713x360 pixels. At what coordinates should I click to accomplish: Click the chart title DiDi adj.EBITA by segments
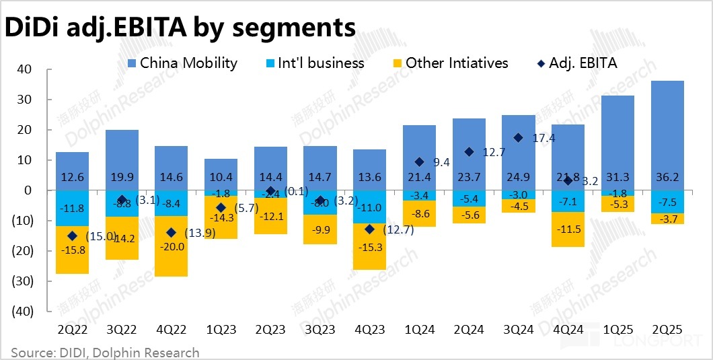pyautogui.click(x=180, y=28)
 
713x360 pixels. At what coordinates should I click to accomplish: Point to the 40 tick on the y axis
pyautogui.click(x=24, y=69)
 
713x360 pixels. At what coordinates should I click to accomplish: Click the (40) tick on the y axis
pyautogui.click(x=22, y=311)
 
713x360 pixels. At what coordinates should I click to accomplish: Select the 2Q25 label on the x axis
pyautogui.click(x=667, y=330)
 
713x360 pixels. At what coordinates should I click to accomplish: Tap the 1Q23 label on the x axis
pyautogui.click(x=221, y=330)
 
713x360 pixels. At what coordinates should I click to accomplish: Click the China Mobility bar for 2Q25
pyautogui.click(x=667, y=135)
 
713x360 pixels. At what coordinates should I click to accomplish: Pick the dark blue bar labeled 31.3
pyautogui.click(x=617, y=143)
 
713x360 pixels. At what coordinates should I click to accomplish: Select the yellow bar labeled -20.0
pyautogui.click(x=172, y=246)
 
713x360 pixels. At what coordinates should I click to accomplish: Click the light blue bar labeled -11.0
pyautogui.click(x=370, y=207)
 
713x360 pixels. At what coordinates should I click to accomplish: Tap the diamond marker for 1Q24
pyautogui.click(x=419, y=162)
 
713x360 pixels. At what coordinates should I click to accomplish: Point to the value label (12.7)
pyautogui.click(x=396, y=230)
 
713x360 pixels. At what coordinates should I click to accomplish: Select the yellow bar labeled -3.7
pyautogui.click(x=667, y=218)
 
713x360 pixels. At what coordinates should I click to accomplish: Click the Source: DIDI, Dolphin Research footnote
pyautogui.click(x=106, y=352)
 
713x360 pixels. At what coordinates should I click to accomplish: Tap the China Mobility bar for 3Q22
pyautogui.click(x=122, y=159)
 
